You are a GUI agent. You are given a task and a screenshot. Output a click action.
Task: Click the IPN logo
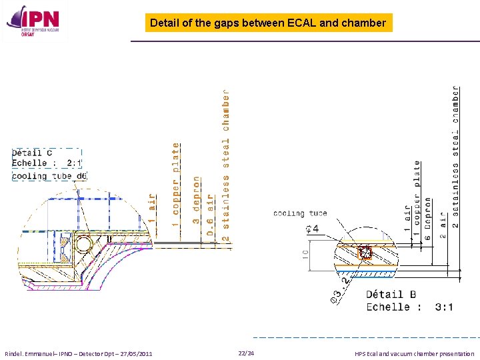point(33,23)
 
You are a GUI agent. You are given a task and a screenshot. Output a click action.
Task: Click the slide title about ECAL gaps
point(268,23)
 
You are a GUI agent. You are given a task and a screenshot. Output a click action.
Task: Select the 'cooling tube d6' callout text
point(49,176)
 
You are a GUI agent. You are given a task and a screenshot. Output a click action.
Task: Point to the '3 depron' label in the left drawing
point(197,200)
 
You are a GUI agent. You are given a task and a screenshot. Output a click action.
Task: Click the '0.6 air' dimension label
point(210,215)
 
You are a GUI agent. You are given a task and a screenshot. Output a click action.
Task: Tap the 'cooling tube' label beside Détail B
point(300,213)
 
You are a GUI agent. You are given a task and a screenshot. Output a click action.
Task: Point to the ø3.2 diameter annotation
point(339,289)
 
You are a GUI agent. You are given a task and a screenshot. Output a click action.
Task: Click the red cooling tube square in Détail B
point(365,253)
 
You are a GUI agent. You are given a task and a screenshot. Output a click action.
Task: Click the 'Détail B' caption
point(391,293)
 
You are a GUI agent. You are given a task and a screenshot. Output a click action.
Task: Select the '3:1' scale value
point(444,307)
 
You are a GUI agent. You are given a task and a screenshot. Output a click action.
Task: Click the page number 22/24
point(246,353)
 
